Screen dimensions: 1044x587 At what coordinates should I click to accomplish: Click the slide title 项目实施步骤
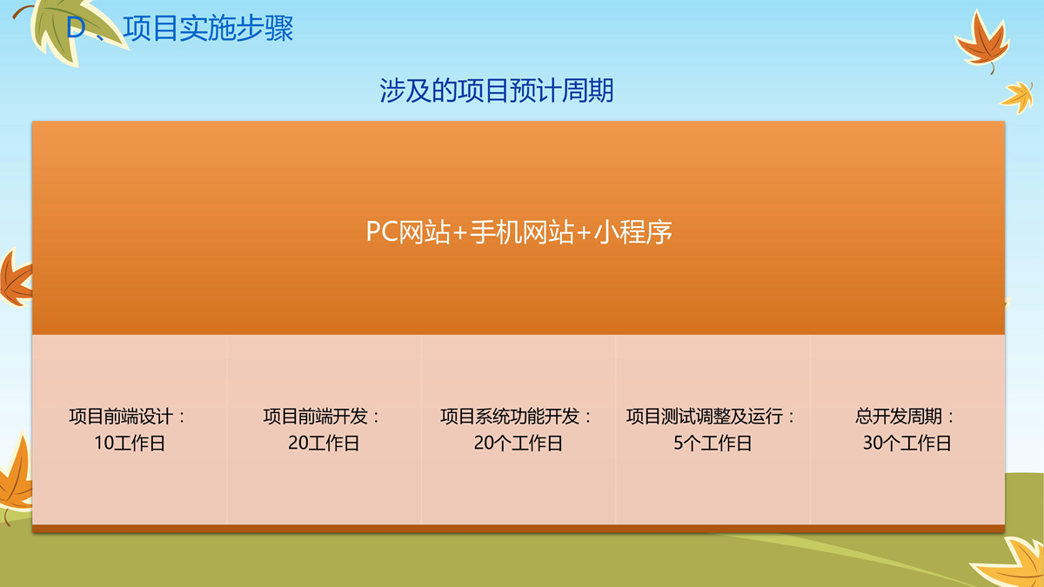click(x=208, y=29)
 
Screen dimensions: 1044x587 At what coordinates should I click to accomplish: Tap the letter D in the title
click(x=76, y=28)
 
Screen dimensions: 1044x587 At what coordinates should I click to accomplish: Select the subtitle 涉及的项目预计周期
click(x=497, y=90)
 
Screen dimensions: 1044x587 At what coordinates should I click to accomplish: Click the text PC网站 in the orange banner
click(x=408, y=231)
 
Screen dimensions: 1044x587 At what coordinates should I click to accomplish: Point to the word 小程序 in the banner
click(x=633, y=231)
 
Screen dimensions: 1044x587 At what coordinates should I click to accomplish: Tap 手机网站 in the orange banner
click(x=522, y=231)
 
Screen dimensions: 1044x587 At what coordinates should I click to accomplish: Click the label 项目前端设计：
click(x=127, y=416)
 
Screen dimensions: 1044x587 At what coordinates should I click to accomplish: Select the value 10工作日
click(x=130, y=443)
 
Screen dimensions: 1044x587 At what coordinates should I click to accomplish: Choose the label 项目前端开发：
click(x=322, y=416)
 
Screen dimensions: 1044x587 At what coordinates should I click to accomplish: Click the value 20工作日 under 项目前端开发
click(x=324, y=443)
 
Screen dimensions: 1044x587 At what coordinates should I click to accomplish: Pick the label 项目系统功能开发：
click(x=516, y=416)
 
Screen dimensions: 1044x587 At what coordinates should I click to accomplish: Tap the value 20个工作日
click(x=519, y=443)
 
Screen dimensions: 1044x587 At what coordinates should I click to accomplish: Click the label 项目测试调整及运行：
click(x=710, y=416)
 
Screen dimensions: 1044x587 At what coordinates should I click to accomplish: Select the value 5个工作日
click(x=713, y=443)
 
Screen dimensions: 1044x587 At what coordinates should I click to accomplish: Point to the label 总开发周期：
click(x=905, y=416)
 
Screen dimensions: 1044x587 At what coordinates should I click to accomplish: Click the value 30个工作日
click(x=907, y=443)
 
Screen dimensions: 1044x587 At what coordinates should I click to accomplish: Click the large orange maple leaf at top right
click(x=983, y=42)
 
